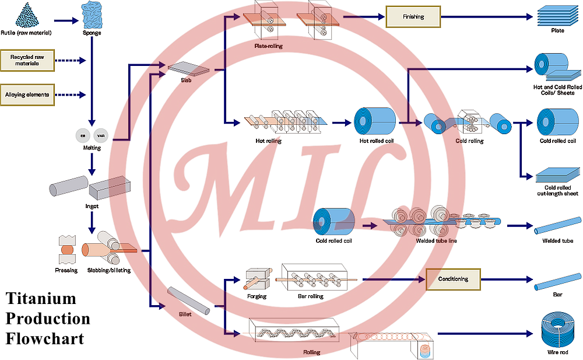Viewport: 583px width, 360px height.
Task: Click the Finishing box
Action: click(x=413, y=17)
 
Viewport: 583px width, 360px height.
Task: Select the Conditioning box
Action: click(x=453, y=279)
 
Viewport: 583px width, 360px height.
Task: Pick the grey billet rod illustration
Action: click(x=188, y=299)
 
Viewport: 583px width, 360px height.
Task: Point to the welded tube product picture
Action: click(x=559, y=225)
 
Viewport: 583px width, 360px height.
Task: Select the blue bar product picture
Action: click(x=557, y=279)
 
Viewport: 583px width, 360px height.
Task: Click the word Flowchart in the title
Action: click(x=45, y=338)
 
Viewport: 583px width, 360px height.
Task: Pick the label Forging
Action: click(x=257, y=296)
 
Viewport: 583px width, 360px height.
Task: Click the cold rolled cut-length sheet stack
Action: click(x=557, y=175)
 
